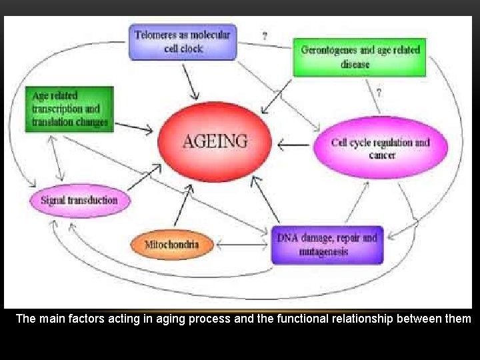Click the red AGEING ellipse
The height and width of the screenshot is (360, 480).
[215, 141]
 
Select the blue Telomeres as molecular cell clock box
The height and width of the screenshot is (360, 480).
[183, 41]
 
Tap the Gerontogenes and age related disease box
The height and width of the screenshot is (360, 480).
[360, 57]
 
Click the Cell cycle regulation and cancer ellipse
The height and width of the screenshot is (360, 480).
[381, 148]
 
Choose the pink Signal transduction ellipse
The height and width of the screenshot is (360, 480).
[79, 200]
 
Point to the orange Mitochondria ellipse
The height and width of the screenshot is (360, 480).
[171, 245]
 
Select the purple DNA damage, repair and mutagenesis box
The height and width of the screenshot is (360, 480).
[327, 245]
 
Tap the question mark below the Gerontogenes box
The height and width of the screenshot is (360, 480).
[379, 93]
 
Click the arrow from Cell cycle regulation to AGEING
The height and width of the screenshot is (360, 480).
[294, 143]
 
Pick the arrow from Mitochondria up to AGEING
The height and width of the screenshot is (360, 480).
[182, 207]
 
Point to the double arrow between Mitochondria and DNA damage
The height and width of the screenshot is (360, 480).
[243, 245]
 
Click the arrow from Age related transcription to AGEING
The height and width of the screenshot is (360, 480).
[133, 126]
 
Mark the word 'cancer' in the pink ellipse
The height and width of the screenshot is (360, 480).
[382, 155]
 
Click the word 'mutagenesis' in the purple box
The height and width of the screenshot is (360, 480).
[324, 252]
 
